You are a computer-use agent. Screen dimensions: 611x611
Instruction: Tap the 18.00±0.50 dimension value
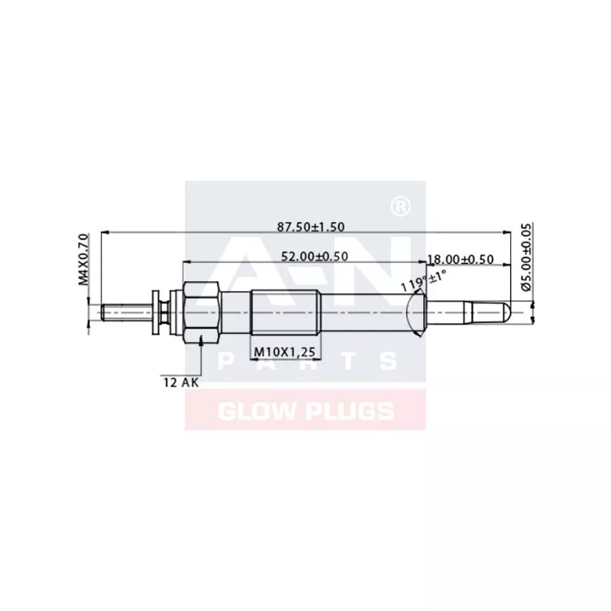coord(460,260)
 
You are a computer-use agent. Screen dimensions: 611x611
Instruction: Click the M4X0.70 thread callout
coord(84,260)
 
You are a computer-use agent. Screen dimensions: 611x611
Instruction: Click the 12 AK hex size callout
coord(180,382)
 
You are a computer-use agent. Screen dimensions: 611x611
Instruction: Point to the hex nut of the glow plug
coord(201,311)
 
